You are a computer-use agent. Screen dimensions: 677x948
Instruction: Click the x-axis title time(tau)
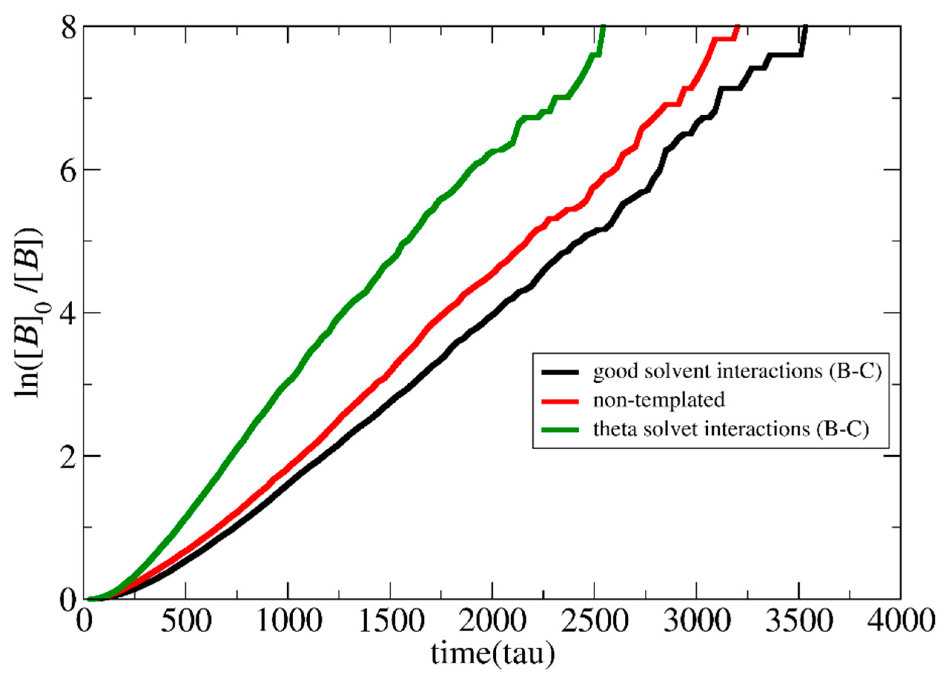tap(493, 653)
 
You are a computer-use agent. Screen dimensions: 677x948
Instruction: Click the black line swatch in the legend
tap(560, 372)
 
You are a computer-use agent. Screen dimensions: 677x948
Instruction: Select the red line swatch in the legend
tap(560, 401)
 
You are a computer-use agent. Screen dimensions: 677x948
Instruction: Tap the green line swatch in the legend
tap(560, 430)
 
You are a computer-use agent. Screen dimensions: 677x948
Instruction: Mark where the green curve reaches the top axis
tap(603, 27)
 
